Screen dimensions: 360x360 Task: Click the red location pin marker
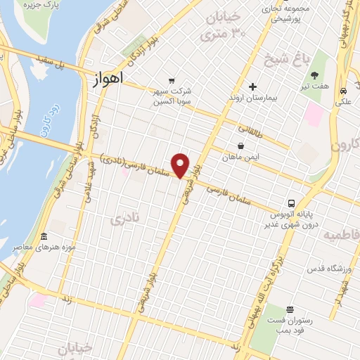(x=181, y=165)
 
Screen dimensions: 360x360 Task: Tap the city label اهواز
(x=107, y=79)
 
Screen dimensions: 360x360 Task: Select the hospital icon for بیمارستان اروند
(x=252, y=86)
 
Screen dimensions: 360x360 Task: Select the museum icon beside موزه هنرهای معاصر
(x=44, y=236)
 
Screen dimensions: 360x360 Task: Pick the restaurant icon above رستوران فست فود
(x=290, y=310)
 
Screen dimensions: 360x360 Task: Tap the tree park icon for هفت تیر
(x=314, y=75)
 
